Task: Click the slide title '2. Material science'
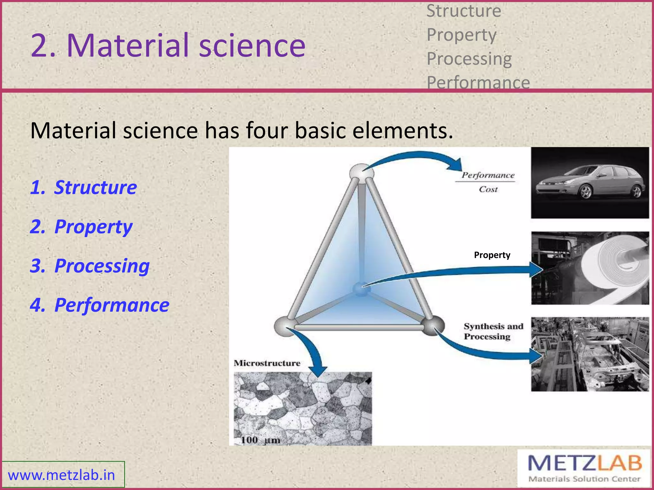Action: click(168, 45)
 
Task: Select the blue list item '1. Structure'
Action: click(84, 187)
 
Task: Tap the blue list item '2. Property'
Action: click(81, 227)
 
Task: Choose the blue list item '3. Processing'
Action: click(90, 266)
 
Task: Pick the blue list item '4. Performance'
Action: click(100, 305)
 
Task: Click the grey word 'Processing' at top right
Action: click(469, 59)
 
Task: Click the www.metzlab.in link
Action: click(61, 475)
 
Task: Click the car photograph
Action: click(590, 183)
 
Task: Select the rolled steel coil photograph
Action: click(590, 268)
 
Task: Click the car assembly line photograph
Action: click(590, 354)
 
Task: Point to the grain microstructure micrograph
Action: click(303, 408)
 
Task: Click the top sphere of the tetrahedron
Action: click(361, 173)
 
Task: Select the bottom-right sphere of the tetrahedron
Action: click(433, 325)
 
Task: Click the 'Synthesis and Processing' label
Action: click(493, 331)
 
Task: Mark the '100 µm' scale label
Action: click(260, 440)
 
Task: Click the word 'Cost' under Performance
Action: click(488, 189)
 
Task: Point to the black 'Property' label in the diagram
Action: click(492, 255)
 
